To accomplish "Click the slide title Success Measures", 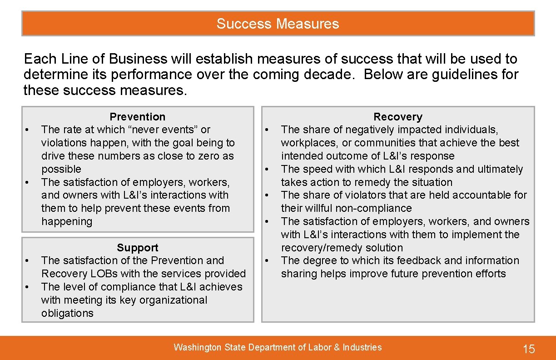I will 278,24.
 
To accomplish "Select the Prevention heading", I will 138,117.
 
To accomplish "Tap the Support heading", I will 137,248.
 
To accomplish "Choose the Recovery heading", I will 397,117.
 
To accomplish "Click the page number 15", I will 529,349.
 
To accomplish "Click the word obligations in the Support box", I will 67,313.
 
